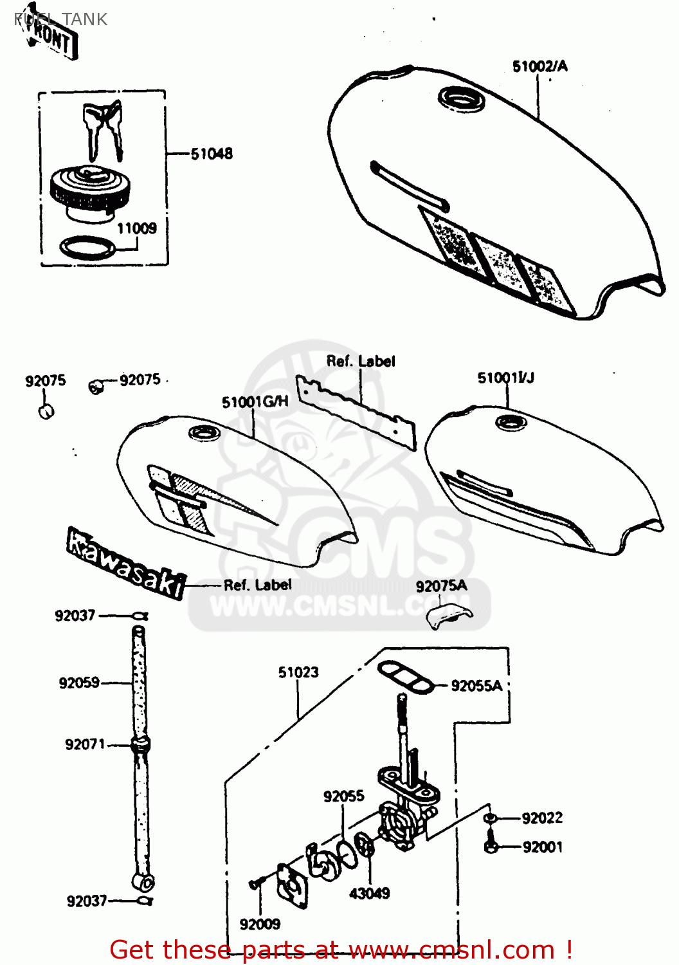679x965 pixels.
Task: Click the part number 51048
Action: tap(212, 154)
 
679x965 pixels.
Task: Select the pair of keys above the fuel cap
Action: tap(103, 129)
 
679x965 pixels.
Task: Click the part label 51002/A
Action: tap(539, 66)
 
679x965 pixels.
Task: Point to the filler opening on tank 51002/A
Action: tap(461, 100)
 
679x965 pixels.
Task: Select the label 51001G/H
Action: tap(255, 402)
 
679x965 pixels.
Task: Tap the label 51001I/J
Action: tap(505, 378)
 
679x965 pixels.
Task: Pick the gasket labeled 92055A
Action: tap(404, 678)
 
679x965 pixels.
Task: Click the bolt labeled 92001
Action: tap(491, 845)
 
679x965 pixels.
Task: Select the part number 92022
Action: tap(542, 818)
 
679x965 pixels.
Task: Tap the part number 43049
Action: tap(369, 893)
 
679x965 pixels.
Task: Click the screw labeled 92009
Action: tap(256, 885)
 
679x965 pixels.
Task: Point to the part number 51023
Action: tap(298, 672)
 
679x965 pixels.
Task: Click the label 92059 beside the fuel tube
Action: tap(79, 683)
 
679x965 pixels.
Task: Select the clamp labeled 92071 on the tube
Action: tap(140, 745)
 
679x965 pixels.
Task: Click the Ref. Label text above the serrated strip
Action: tap(360, 362)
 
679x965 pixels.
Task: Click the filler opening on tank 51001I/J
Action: tap(511, 423)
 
